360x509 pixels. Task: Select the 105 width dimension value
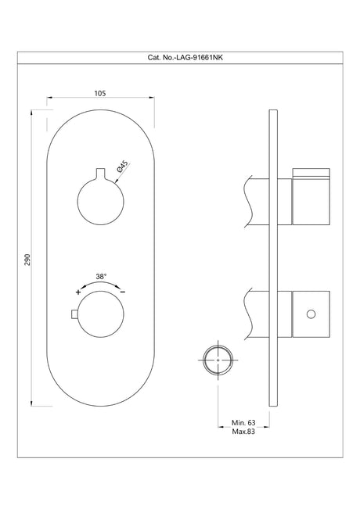[99, 91]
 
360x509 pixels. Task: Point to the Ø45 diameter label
[121, 167]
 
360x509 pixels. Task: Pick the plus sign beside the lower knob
[77, 291]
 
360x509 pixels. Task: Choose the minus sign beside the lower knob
[123, 291]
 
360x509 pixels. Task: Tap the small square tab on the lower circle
[75, 315]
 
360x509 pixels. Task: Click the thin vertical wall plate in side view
[272, 257]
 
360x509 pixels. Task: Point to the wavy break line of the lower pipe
[248, 313]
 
